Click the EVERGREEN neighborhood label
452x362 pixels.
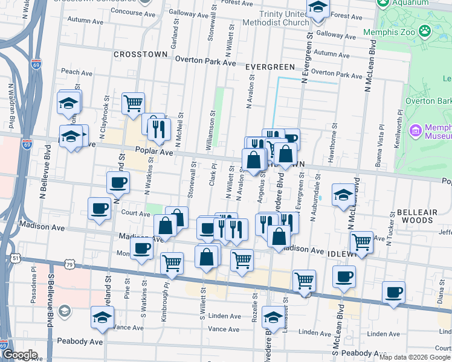(270, 67)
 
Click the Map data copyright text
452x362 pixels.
(414, 357)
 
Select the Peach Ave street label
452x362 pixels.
(76, 72)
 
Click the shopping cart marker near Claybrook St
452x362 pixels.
(132, 103)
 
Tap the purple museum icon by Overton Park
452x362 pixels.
(415, 131)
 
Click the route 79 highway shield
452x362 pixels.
(70, 265)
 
